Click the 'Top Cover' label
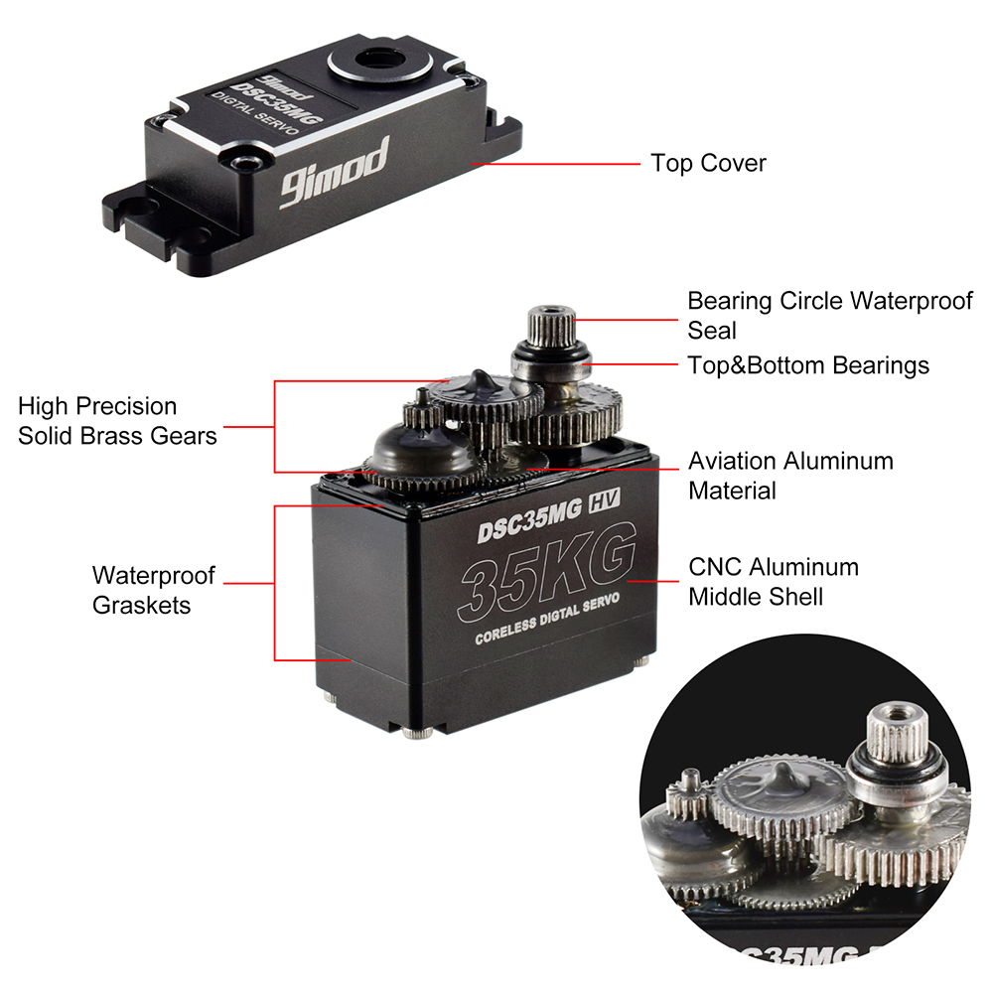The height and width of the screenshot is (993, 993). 708,163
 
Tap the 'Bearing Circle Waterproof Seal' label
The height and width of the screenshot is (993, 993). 829,314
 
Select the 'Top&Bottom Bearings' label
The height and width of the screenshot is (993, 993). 808,365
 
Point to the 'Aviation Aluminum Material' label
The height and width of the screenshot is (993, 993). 790,476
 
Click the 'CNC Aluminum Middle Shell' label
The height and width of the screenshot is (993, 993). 773,582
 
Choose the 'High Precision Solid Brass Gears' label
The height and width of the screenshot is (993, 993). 117,421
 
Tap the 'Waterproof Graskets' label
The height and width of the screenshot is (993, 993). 153,590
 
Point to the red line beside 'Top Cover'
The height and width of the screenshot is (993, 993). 556,163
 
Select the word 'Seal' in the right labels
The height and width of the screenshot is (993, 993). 712,329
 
